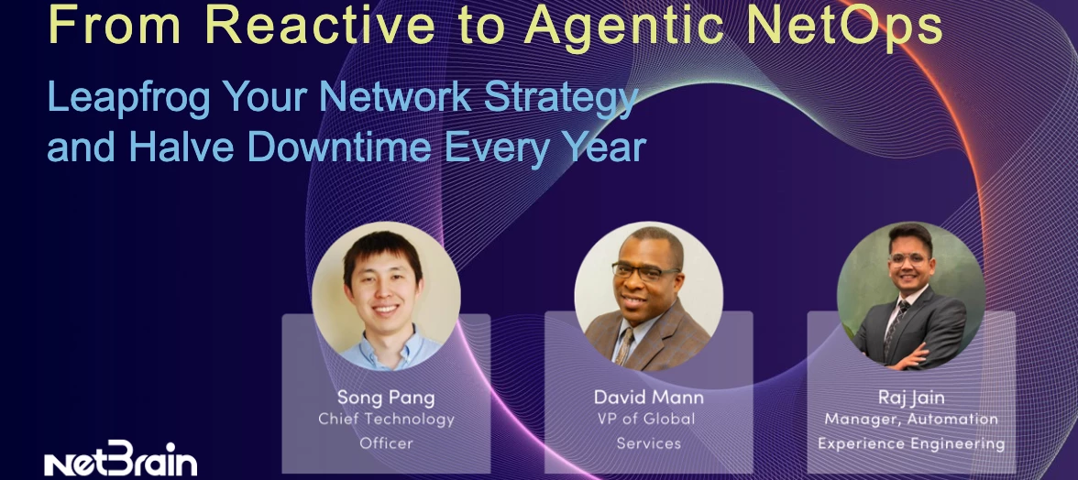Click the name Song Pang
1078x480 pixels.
coord(386,398)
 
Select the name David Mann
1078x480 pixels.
coord(649,398)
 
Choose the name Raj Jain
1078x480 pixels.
coord(910,398)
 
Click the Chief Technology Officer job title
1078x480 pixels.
coord(386,431)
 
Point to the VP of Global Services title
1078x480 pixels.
coord(649,431)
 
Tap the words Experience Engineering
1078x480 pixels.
coord(910,443)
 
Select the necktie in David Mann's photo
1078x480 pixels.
coord(626,344)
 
